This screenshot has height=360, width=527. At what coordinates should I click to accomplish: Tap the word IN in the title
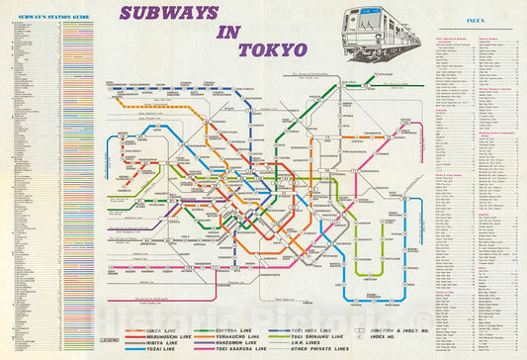[x=229, y=32]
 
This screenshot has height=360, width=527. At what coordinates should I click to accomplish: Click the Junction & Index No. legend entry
[x=384, y=328]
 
